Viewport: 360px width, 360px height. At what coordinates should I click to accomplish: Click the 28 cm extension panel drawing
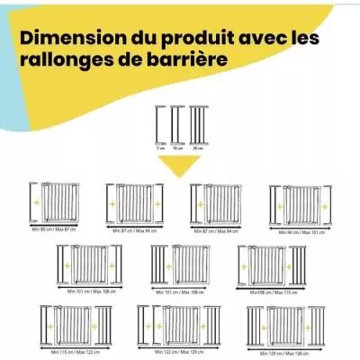(197, 123)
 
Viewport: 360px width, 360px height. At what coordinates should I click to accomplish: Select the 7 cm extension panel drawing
(160, 123)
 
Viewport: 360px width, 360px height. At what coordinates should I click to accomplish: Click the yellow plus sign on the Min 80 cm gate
(36, 204)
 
